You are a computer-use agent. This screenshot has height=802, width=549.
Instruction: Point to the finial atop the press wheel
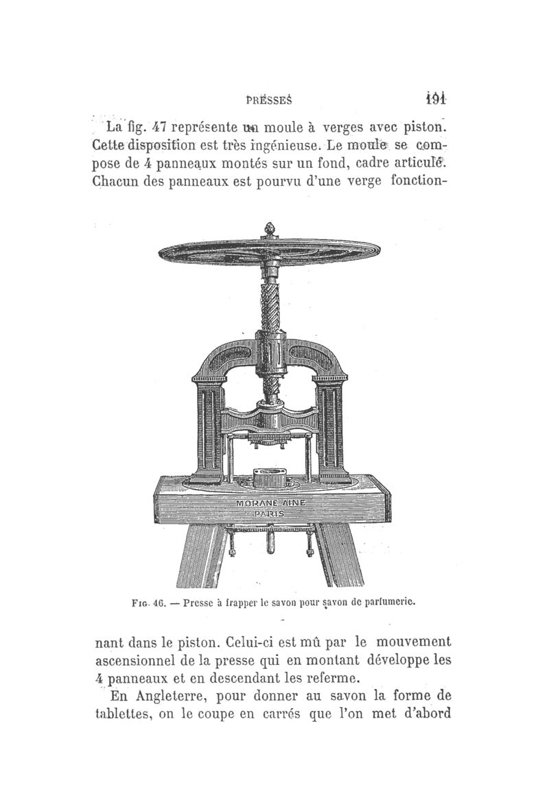269,227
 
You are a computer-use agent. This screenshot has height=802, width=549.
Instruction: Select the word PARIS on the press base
272,513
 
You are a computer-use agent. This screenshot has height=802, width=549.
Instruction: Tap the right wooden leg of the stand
337,555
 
